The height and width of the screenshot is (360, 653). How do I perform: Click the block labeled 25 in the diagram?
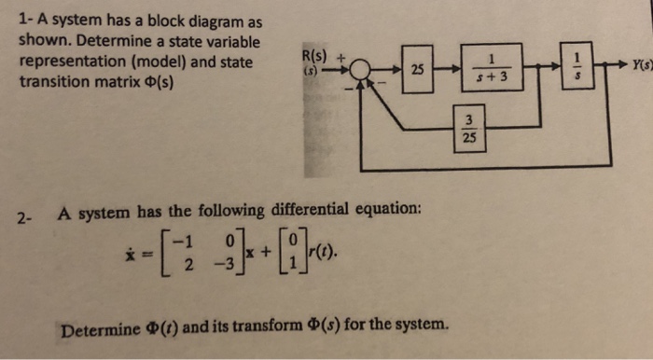[417, 68]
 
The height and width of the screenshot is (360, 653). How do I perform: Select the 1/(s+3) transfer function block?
[490, 68]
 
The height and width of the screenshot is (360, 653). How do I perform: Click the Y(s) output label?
[641, 65]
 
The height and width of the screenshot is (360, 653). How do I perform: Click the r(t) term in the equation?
[313, 253]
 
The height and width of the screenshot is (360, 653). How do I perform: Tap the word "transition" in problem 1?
[55, 81]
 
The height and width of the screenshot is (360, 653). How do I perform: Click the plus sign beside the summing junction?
[342, 55]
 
